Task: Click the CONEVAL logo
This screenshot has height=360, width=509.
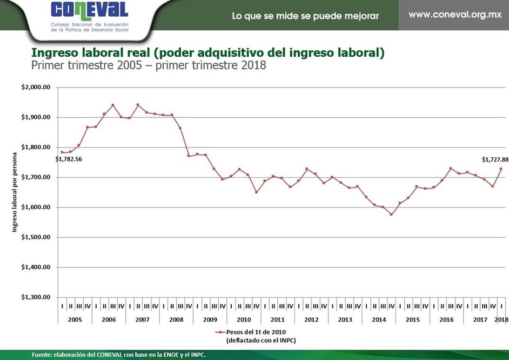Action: [x=90, y=11]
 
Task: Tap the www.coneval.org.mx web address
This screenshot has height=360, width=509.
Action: [x=455, y=15]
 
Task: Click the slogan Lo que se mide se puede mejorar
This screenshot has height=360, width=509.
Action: [x=305, y=16]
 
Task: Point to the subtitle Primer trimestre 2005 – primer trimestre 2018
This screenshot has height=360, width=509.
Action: [x=149, y=65]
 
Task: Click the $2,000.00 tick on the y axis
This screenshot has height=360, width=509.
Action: [x=36, y=87]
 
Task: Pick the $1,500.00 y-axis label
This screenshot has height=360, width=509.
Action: [x=36, y=237]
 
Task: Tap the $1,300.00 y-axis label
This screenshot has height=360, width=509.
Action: [x=36, y=297]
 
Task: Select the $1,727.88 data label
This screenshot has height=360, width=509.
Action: [x=495, y=159]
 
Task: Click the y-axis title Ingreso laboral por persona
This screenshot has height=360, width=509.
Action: [x=15, y=193]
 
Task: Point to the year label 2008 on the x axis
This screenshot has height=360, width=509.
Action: [x=176, y=319]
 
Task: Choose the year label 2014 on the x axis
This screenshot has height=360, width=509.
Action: [x=379, y=319]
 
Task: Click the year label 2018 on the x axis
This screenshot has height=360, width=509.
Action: [x=502, y=319]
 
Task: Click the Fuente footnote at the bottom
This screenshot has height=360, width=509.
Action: [x=118, y=355]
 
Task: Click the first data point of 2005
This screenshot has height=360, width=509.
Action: [x=62, y=152]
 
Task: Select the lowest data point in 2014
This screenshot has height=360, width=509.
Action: [x=391, y=214]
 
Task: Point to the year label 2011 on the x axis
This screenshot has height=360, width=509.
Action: [x=277, y=319]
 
